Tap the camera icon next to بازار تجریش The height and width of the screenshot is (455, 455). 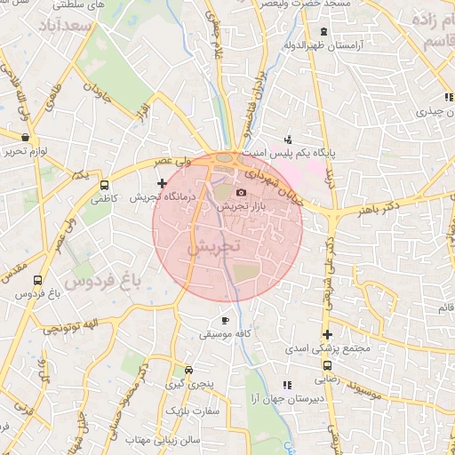241,193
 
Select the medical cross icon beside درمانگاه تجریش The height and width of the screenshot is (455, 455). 161,183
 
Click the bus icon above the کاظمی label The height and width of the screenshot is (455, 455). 105,187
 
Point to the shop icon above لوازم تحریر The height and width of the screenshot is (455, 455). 24,138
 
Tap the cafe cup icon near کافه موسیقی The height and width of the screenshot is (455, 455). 225,320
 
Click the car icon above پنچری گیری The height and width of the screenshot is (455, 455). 188,371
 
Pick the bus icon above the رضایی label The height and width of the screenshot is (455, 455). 328,365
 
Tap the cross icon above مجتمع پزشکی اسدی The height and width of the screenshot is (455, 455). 328,335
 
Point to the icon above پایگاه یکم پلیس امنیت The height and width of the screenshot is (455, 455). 288,140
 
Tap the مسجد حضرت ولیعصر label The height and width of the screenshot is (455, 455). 339,5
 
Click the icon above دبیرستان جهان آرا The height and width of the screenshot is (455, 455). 286,385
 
